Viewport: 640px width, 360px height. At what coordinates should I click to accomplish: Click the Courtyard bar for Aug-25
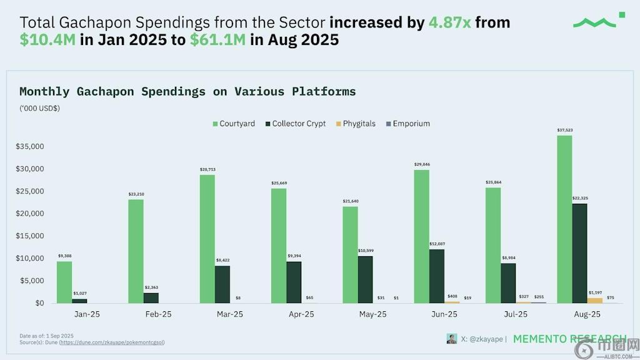[564, 219]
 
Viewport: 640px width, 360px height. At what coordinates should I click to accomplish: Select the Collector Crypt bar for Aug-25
[579, 253]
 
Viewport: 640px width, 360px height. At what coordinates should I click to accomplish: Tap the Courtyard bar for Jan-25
[64, 282]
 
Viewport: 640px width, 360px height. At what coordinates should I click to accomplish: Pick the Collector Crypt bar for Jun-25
[437, 276]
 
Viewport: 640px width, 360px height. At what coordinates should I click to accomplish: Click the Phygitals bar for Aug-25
[594, 300]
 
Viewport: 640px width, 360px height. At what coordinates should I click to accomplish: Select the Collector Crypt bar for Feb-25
[151, 297]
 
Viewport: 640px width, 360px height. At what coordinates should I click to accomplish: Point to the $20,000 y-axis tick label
[29, 214]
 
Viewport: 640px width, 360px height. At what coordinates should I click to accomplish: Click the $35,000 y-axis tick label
[29, 147]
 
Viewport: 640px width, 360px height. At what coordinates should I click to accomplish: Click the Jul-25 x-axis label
[514, 314]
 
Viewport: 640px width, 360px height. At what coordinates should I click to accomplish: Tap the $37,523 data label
[564, 130]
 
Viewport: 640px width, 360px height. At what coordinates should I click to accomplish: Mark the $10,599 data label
[365, 251]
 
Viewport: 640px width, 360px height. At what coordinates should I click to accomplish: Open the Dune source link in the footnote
[112, 342]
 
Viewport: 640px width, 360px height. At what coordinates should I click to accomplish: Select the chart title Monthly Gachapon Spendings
[187, 92]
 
